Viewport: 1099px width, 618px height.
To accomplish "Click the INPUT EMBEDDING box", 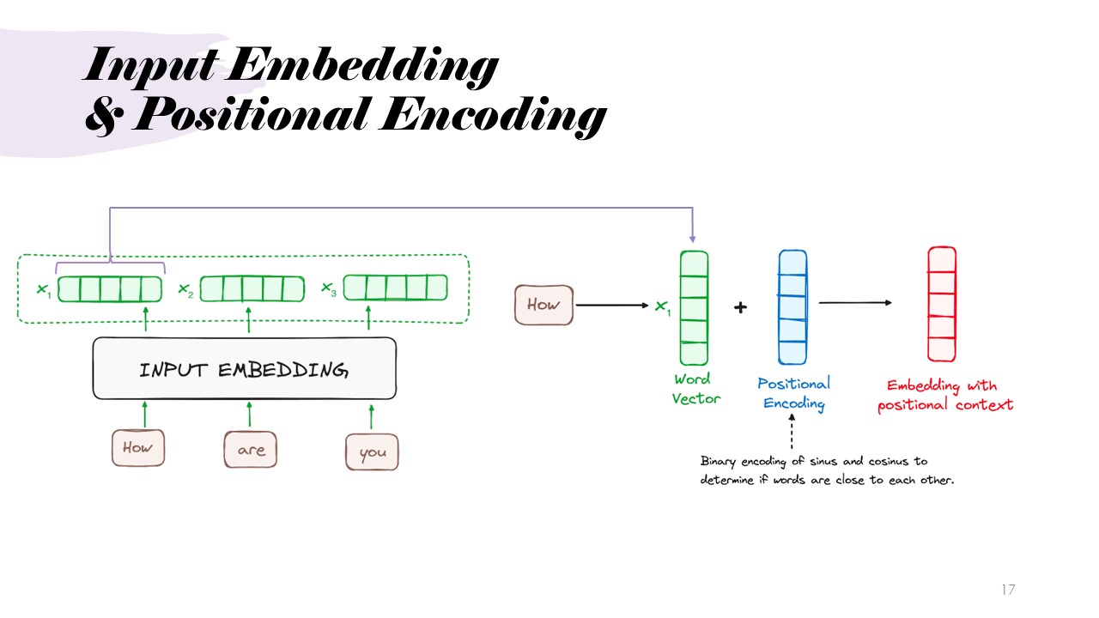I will coord(244,368).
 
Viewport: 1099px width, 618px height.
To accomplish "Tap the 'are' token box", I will coord(251,450).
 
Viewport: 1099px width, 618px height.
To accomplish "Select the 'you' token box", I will coord(372,452).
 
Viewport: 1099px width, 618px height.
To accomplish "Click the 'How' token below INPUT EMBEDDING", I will coord(137,447).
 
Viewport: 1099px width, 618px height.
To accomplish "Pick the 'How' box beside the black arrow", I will coord(543,305).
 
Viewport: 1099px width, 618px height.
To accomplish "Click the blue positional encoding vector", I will coord(792,307).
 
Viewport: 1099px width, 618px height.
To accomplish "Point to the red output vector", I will coord(941,305).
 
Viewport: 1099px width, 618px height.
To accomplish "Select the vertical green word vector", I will coord(694,307).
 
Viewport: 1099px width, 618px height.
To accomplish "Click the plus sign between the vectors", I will coord(740,307).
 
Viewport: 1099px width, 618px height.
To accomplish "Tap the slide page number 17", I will coord(1008,590).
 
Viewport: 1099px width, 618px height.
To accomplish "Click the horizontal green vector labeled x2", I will coord(252,288).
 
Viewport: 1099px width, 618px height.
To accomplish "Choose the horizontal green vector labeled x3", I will coord(395,288).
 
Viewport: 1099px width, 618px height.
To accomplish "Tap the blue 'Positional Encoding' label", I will coord(793,393).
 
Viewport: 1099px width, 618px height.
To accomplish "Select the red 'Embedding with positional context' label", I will coord(944,395).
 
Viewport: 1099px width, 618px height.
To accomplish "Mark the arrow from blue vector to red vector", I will coord(855,302).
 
